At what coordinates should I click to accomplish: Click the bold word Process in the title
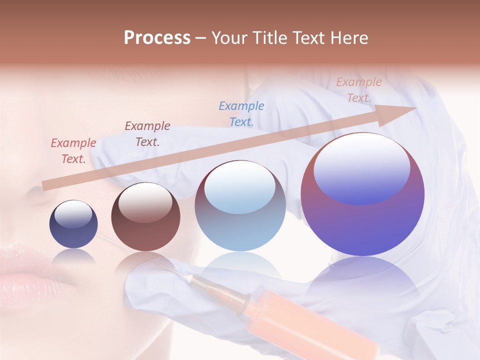tap(157, 38)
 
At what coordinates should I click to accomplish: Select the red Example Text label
tap(73, 151)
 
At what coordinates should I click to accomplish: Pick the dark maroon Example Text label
tap(147, 134)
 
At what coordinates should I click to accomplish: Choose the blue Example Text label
tap(241, 114)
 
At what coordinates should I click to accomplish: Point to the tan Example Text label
tap(358, 90)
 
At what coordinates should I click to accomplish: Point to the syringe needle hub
tap(243, 303)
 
